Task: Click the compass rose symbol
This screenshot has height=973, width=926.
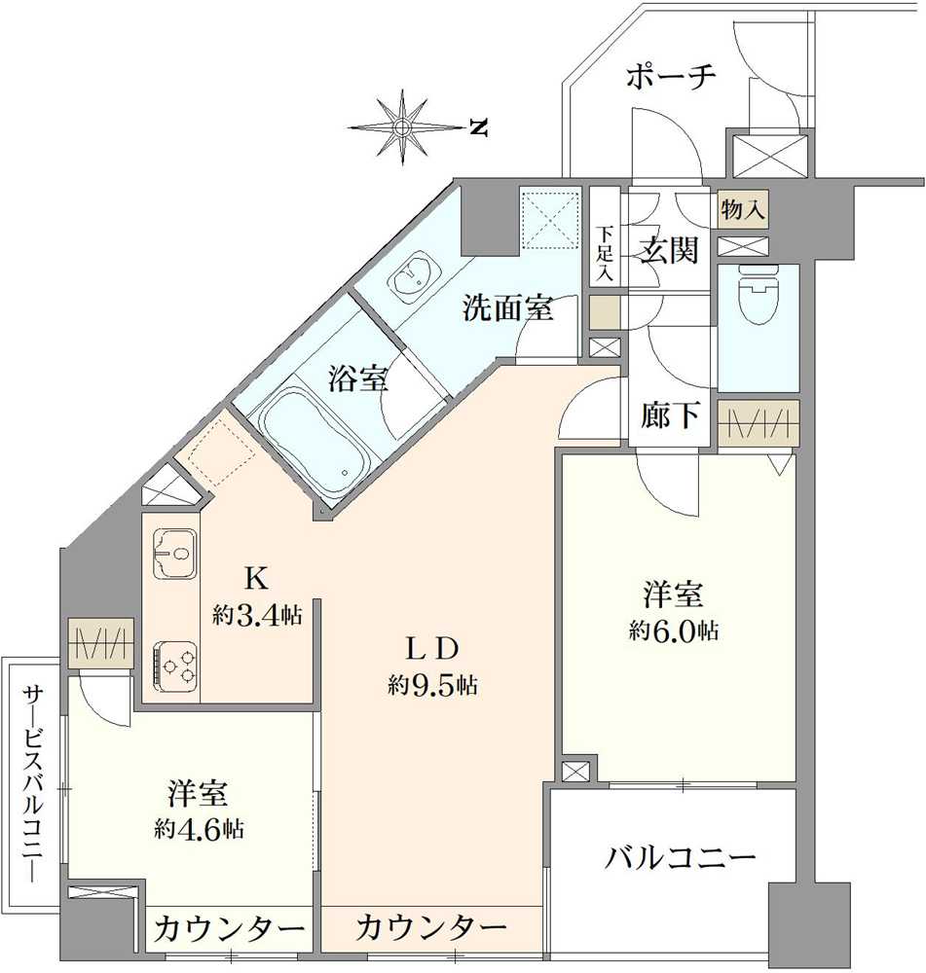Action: (401, 126)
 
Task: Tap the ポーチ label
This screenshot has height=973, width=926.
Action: (671, 77)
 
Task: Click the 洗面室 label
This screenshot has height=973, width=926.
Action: (507, 309)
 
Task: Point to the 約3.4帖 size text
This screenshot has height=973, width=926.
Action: (257, 615)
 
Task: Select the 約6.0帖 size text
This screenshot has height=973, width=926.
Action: (674, 631)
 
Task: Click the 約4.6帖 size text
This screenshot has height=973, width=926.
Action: (199, 830)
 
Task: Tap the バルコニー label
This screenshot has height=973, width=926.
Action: (681, 858)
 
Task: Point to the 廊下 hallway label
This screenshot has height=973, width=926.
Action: (671, 415)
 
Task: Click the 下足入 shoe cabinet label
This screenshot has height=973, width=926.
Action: (606, 254)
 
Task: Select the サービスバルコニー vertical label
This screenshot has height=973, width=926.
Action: (33, 779)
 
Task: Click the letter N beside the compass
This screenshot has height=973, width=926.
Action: (477, 127)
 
